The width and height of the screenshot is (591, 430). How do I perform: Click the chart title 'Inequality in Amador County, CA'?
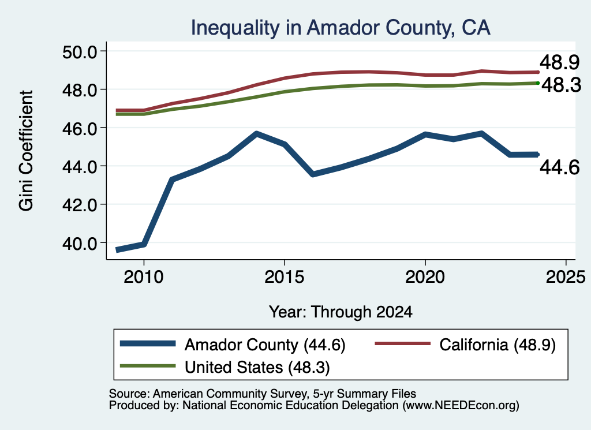pyautogui.click(x=341, y=28)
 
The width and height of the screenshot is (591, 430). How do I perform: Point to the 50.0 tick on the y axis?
pyautogui.click(x=80, y=51)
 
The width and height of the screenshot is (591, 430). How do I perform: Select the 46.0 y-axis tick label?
pyautogui.click(x=80, y=128)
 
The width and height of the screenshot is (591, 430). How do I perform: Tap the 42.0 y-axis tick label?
pyautogui.click(x=80, y=205)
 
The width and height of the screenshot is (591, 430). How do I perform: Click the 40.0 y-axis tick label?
pyautogui.click(x=80, y=244)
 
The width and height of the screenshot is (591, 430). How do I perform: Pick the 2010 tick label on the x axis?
pyautogui.click(x=144, y=277)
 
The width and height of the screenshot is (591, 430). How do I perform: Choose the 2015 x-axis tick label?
pyautogui.click(x=284, y=277)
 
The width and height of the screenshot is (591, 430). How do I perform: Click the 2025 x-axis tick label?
pyautogui.click(x=566, y=277)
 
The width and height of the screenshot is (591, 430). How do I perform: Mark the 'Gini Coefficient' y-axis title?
pyautogui.click(x=26, y=151)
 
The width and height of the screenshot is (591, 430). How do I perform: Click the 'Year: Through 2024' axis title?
pyautogui.click(x=341, y=312)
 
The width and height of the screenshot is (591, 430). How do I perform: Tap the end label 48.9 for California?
pyautogui.click(x=559, y=62)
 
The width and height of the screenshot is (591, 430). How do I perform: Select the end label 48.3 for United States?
pyautogui.click(x=562, y=85)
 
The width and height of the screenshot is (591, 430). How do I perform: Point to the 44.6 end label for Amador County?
pyautogui.click(x=559, y=167)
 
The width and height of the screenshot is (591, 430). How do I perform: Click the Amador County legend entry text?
pyautogui.click(x=265, y=345)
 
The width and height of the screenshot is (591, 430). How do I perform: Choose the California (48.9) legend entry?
pyautogui.click(x=498, y=345)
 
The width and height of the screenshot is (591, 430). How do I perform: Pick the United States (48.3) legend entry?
pyautogui.click(x=257, y=368)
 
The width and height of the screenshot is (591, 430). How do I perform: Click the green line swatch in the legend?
pyautogui.click(x=148, y=366)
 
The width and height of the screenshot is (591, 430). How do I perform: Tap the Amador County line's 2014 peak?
pyautogui.click(x=256, y=134)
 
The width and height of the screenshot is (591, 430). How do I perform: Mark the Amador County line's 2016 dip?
pyautogui.click(x=313, y=174)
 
